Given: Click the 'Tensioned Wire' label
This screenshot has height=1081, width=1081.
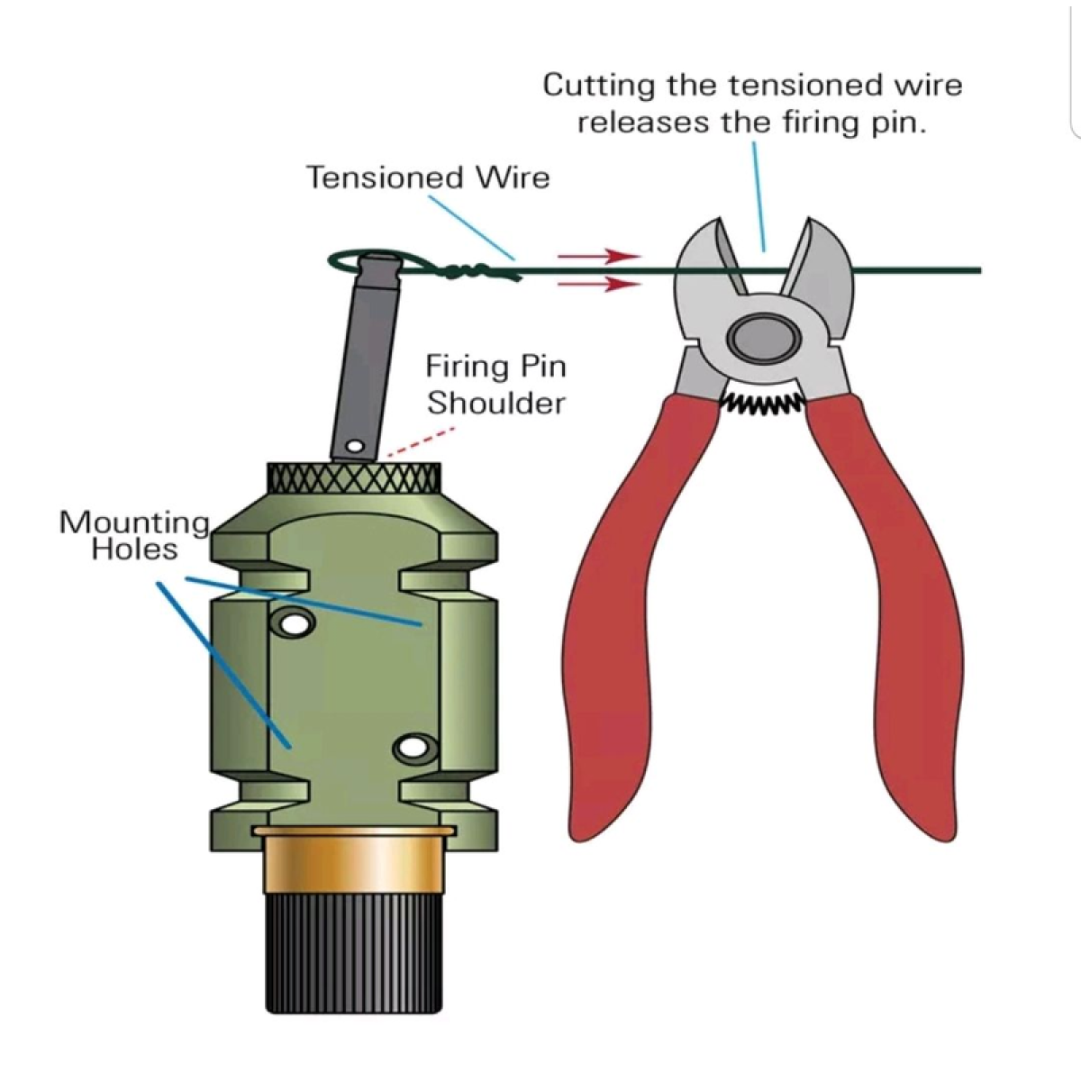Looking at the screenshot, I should point(427,177).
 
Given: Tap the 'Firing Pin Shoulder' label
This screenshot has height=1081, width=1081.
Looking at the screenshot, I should point(495,385).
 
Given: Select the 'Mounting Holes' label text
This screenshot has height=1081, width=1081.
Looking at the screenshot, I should point(134,536).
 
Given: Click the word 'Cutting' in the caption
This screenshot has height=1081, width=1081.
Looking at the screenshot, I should point(598,86).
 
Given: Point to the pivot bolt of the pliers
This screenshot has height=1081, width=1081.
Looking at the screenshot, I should point(765,337).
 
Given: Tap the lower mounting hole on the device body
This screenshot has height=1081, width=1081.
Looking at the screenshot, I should point(413,747).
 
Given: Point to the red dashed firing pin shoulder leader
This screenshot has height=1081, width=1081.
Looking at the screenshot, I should point(416,442).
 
